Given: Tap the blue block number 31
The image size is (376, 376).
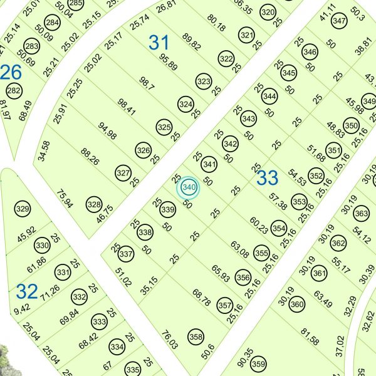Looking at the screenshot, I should tap(159, 43).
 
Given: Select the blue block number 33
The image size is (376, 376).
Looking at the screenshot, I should tap(268, 178).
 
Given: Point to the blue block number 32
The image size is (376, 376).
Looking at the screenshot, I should tap(27, 291).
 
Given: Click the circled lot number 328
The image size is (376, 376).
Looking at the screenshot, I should tap(94, 204).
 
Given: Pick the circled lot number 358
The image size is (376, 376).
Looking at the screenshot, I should tap(196, 337).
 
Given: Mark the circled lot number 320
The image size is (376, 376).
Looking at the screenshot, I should tap(268, 12).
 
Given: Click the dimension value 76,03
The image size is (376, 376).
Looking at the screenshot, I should tap(170, 340).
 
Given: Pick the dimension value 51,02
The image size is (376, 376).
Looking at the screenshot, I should tap(123, 276).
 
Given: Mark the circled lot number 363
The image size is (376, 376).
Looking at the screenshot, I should tap(362, 214).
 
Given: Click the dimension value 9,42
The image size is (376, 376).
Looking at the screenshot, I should tap(21, 308).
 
